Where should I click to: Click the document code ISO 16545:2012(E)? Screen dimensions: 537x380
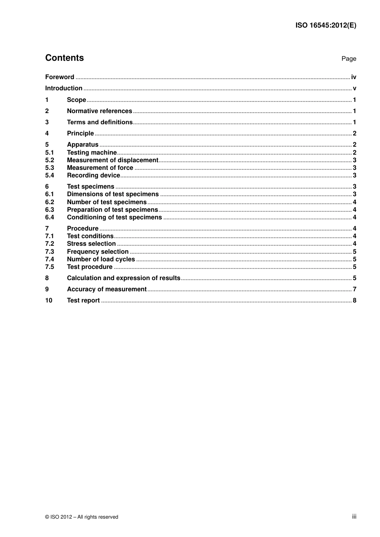tap(326, 25)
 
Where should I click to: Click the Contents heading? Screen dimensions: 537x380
tap(64, 58)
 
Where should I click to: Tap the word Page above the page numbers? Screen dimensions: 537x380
tap(348, 59)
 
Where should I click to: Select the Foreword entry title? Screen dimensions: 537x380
tap(60, 77)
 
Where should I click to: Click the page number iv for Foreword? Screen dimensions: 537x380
tap(354, 77)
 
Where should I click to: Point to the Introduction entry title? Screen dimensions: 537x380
tap(64, 88)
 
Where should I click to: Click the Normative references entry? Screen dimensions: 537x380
tap(99, 111)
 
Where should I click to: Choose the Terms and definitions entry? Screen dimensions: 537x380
tap(100, 122)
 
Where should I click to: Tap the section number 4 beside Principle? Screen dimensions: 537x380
tap(47, 133)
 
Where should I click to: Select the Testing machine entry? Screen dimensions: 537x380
tap(92, 153)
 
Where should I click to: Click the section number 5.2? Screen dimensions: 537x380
tap(49, 160)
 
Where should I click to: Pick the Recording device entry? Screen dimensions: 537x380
tap(93, 175)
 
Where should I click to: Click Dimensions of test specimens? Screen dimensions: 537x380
tap(113, 194)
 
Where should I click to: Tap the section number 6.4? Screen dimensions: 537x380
tap(49, 217)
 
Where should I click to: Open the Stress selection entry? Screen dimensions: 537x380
tap(91, 244)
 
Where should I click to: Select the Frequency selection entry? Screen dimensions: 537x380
tap(98, 252)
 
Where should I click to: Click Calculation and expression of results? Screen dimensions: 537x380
tap(124, 278)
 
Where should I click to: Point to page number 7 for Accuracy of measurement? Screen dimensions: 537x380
tap(354, 289)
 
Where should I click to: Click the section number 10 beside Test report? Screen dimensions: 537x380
tap(48, 300)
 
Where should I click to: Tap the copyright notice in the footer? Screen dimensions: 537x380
tap(82, 517)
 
